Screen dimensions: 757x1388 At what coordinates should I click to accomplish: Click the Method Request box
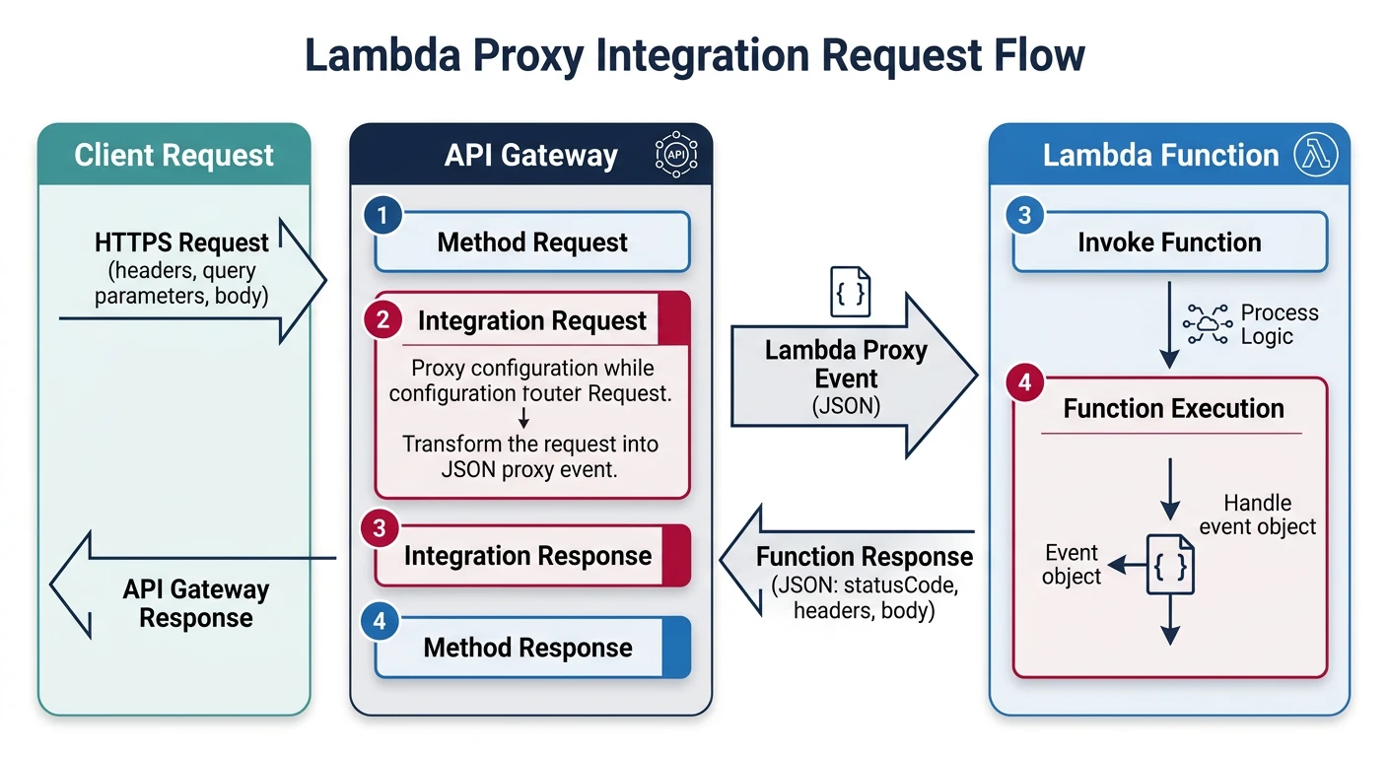tap(532, 242)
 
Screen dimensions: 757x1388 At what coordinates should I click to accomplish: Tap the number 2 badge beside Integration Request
tap(382, 319)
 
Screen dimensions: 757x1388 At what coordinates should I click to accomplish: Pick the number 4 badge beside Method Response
tap(382, 621)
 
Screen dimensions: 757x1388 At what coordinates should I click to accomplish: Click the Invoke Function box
tap(1169, 242)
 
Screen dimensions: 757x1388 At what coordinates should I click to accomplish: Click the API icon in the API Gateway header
tap(676, 155)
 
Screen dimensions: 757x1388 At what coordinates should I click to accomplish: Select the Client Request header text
tap(174, 156)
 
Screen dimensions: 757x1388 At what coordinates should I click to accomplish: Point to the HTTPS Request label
tap(181, 242)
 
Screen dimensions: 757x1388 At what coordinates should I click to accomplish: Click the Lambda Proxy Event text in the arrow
tap(846, 365)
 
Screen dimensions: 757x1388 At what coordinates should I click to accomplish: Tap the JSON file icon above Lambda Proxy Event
tap(850, 292)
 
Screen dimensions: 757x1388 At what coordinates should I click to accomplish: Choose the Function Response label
tap(864, 557)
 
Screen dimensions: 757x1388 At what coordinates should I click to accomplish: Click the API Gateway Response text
tap(195, 603)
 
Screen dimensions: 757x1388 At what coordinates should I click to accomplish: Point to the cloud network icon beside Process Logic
tap(1207, 324)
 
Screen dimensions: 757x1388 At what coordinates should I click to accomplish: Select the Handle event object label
tap(1257, 515)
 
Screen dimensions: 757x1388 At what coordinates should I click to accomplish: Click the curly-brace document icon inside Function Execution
tap(1170, 566)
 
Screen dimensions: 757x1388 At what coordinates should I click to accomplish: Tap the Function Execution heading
tap(1173, 408)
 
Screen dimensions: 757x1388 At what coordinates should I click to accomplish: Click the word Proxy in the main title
tap(510, 54)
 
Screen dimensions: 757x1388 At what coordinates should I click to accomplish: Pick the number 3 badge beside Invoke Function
tap(1024, 215)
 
